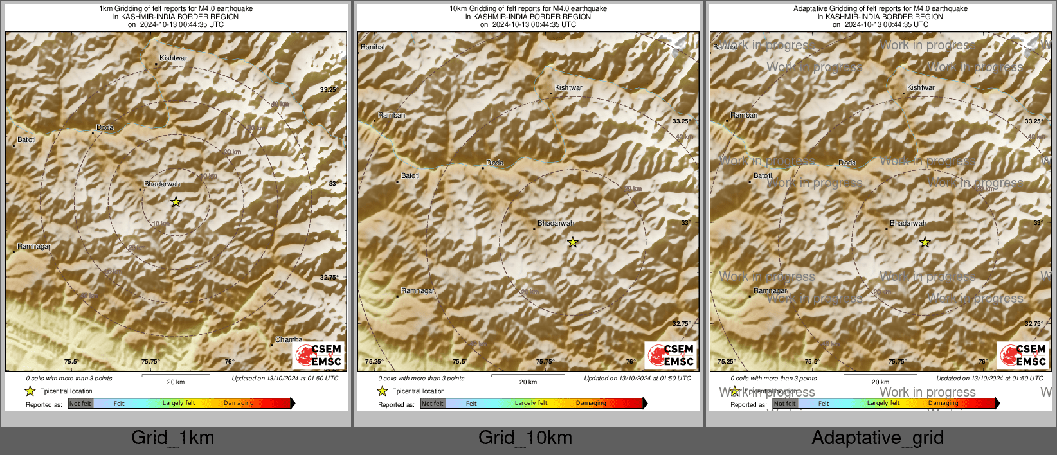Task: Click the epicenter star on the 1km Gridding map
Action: point(176,202)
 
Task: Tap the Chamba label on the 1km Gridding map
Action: point(288,339)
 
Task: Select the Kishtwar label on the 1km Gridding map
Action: point(173,58)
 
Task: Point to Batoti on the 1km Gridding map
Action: point(26,139)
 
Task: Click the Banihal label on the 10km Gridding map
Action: point(373,47)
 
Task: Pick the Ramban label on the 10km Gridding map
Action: point(392,115)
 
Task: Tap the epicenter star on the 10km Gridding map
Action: point(572,242)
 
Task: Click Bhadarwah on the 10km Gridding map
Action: point(556,223)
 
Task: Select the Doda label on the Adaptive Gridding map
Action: point(847,163)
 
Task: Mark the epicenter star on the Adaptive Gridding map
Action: point(925,242)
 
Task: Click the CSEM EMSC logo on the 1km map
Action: point(318,355)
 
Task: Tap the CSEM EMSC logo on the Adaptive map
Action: point(1022,355)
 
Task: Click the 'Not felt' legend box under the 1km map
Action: point(80,404)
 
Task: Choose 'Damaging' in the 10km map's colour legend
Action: point(591,404)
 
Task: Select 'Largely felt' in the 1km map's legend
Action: point(178,404)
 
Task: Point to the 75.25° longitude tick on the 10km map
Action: point(374,362)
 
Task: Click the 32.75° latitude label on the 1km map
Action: point(329,278)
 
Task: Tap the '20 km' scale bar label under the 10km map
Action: point(528,382)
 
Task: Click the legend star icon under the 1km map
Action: point(30,391)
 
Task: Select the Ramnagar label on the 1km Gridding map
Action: point(34,246)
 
